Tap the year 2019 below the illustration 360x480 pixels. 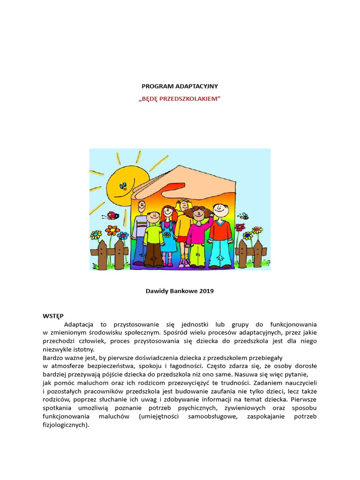pos(206,291)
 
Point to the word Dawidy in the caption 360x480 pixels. pos(157,291)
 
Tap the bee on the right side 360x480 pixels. pos(243,217)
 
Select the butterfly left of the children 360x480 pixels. pos(113,216)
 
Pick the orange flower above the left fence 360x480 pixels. pos(112,230)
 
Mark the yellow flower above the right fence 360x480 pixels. pos(257,230)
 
